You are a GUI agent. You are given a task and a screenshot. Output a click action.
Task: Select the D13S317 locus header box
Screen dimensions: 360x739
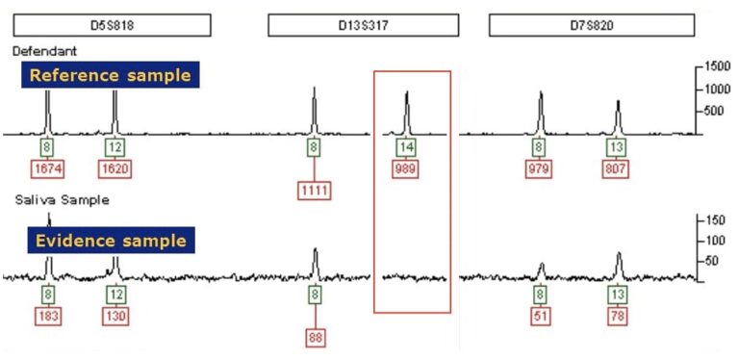point(360,26)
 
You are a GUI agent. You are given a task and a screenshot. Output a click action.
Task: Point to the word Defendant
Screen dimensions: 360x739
point(45,50)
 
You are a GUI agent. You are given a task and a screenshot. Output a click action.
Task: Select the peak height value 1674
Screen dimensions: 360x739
point(48,169)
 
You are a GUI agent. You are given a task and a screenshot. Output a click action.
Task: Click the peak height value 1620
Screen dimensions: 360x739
point(115,169)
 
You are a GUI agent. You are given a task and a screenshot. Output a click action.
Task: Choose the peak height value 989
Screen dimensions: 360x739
point(406,169)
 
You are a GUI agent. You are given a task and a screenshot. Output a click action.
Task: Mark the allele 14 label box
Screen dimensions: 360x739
point(406,147)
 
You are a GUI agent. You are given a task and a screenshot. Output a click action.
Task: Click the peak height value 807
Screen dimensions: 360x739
point(618,169)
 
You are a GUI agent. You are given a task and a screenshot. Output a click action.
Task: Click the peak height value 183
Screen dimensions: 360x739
point(48,315)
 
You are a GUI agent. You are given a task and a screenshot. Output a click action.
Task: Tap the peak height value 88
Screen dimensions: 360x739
point(315,337)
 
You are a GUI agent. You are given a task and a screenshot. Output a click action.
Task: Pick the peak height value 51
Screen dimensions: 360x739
point(541,315)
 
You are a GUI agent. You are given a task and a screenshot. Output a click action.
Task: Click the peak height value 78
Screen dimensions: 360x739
point(618,315)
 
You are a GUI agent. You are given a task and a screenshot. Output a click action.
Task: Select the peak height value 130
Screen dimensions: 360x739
point(115,315)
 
